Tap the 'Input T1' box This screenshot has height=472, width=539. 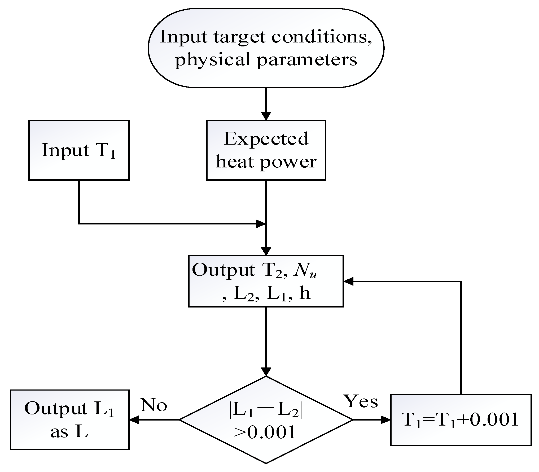pos(79,150)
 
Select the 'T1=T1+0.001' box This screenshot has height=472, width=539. pos(461,420)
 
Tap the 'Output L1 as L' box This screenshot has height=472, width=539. pos(69,420)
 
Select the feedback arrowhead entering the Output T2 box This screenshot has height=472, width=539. pos(348,282)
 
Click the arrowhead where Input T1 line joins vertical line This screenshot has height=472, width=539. pos(260,224)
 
